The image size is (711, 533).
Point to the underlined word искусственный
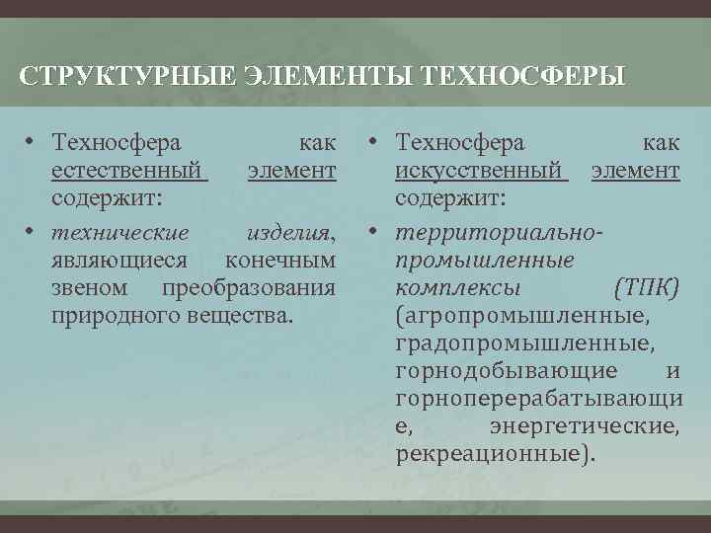pyautogui.click(x=481, y=172)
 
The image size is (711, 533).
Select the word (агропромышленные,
pyautogui.click(x=522, y=316)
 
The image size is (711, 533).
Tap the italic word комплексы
pyautogui.click(x=458, y=288)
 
